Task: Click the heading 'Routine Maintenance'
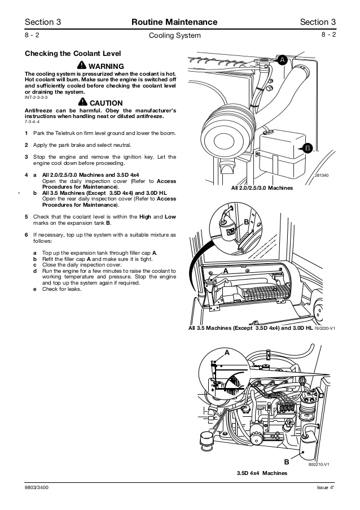(x=174, y=22)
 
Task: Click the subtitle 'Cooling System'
(x=174, y=36)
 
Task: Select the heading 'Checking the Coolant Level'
(x=73, y=54)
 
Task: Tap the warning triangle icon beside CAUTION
(x=84, y=102)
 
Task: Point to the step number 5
(x=27, y=216)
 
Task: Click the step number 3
(x=27, y=156)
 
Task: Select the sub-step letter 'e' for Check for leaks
(x=35, y=289)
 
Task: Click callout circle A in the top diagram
(x=282, y=59)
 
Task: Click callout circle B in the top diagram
(x=308, y=148)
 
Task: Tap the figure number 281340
(x=322, y=176)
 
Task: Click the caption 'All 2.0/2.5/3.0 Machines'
(x=258, y=188)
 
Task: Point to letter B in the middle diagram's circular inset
(x=246, y=221)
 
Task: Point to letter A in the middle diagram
(x=226, y=271)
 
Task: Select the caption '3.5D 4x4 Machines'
(x=258, y=473)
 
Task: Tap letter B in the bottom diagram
(x=287, y=461)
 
